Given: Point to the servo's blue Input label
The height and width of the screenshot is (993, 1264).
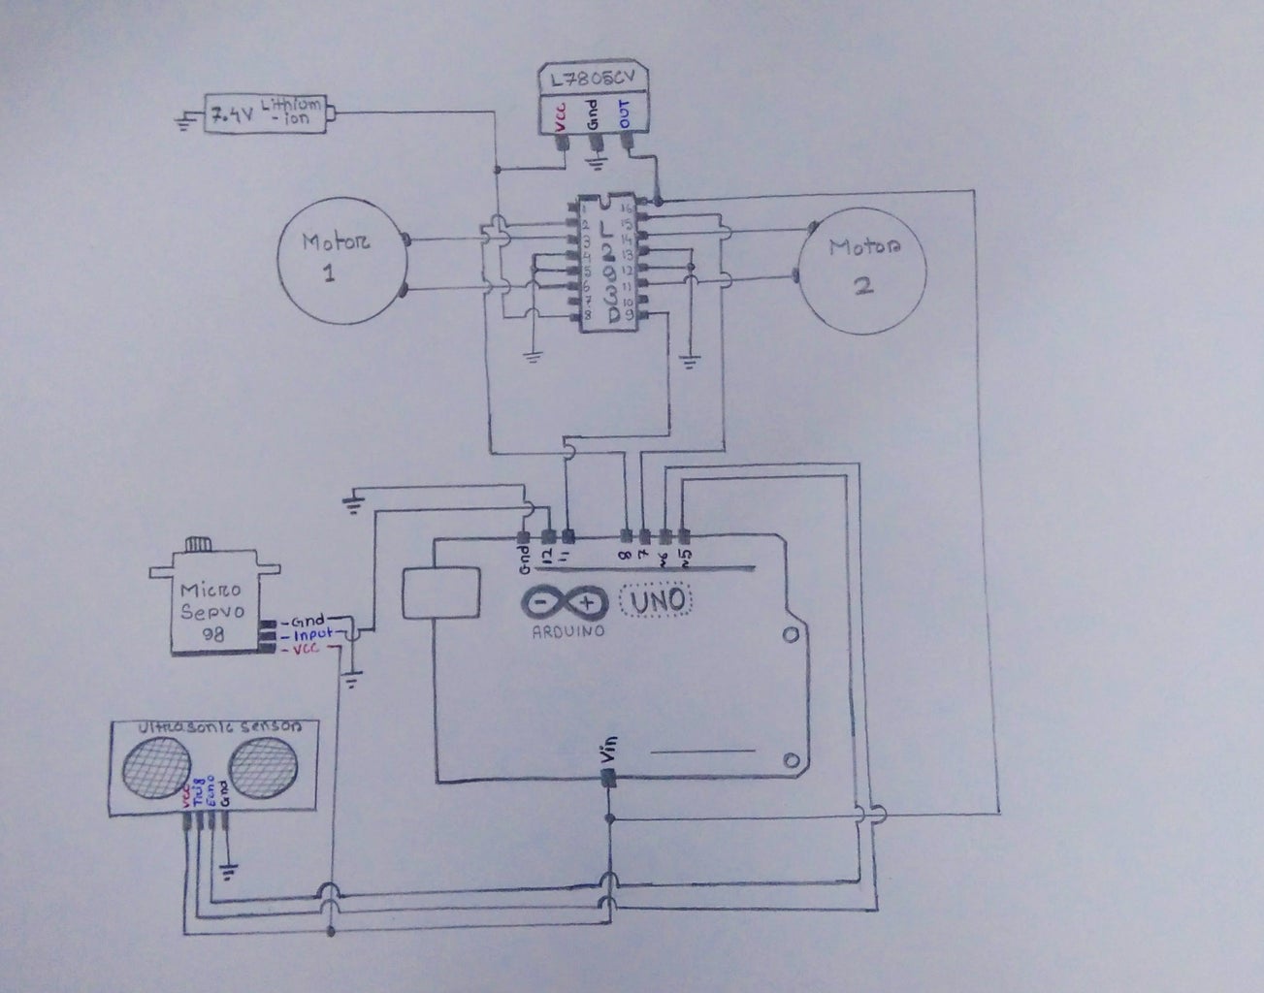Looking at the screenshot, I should [x=312, y=634].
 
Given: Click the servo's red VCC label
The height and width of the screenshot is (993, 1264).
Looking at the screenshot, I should [x=309, y=649].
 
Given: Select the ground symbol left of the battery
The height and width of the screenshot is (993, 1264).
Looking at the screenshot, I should [x=181, y=121].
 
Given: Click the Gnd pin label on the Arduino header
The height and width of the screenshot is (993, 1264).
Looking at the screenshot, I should [x=523, y=555].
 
